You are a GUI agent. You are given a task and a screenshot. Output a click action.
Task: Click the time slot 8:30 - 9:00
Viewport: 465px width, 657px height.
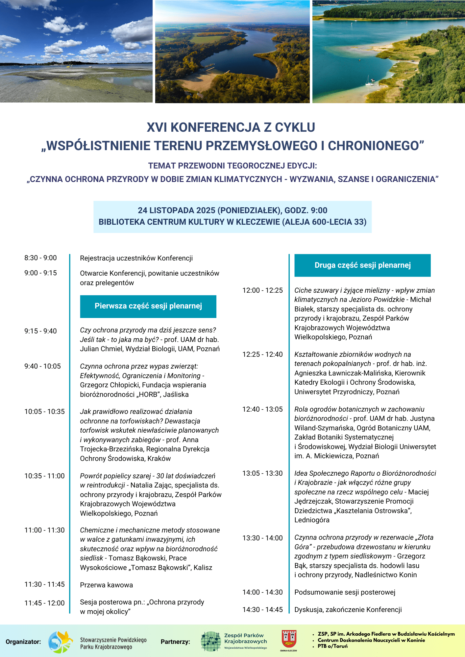click(x=40, y=258)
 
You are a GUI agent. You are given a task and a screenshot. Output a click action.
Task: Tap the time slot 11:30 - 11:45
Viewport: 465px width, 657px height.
click(x=44, y=584)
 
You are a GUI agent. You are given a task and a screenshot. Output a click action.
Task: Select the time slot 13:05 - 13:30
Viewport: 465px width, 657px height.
click(x=262, y=473)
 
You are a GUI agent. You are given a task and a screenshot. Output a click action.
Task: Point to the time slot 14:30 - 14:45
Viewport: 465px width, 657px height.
click(x=262, y=610)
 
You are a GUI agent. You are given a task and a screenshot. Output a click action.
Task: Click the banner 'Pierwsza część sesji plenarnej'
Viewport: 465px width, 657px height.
click(x=148, y=306)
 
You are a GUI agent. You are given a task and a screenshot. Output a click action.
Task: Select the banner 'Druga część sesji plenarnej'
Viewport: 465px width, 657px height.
click(x=362, y=265)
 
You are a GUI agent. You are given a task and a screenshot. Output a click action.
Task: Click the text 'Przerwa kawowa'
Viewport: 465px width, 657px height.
click(x=107, y=585)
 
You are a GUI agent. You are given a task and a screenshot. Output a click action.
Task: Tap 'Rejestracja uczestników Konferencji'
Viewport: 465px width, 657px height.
click(x=136, y=258)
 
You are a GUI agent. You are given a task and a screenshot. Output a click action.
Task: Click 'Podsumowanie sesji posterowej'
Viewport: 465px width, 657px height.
click(x=345, y=592)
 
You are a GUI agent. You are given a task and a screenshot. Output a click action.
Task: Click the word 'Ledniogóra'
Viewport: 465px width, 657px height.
click(x=312, y=520)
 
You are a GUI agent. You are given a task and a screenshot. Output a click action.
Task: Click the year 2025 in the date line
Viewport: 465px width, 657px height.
click(x=206, y=211)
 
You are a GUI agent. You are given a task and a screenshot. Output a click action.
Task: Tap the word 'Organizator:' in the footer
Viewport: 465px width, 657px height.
click(x=23, y=642)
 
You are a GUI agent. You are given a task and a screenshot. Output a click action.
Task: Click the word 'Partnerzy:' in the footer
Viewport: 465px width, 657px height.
click(x=175, y=642)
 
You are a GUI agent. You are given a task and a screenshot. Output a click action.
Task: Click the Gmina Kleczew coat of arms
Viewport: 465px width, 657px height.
click(x=289, y=639)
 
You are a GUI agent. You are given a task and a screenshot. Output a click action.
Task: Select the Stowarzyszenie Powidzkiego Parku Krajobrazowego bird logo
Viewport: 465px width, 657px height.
click(x=61, y=642)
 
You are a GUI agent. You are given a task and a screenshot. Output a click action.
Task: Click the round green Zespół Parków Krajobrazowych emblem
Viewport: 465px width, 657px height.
click(x=211, y=641)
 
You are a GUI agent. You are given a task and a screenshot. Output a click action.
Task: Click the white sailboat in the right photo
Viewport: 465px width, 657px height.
click(x=369, y=82)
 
